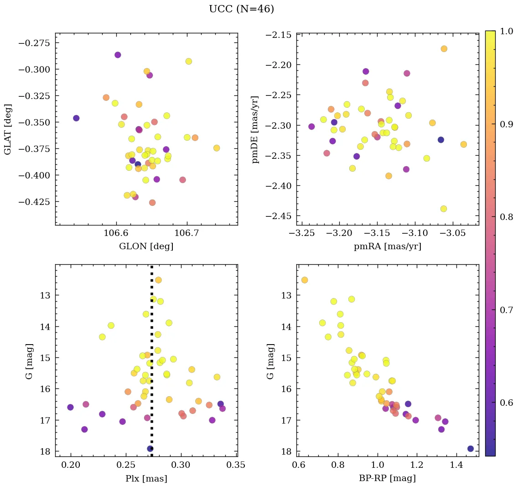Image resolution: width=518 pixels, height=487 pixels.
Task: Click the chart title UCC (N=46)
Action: click(241, 9)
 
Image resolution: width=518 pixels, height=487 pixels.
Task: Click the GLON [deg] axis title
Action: click(146, 246)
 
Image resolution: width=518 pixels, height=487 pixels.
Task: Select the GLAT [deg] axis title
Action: click(8, 129)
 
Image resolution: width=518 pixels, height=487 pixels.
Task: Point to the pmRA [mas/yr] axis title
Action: click(387, 246)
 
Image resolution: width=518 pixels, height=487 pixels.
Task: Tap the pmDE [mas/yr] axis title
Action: click(256, 129)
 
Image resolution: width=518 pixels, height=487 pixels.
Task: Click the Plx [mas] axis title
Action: click(146, 479)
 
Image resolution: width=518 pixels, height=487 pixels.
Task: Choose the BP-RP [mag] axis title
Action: click(387, 479)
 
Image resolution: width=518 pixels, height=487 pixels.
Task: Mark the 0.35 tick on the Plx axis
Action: click(236, 466)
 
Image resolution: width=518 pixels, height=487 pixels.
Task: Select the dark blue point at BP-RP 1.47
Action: click(471, 449)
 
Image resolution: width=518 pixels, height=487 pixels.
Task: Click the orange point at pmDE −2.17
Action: click(444, 49)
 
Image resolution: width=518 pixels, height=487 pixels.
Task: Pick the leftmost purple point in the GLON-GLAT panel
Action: click(76, 118)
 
